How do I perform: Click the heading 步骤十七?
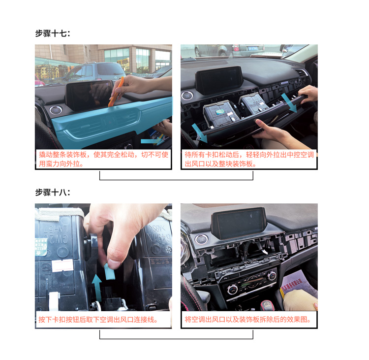53,33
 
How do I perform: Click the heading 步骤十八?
53,192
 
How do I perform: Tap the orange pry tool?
116,92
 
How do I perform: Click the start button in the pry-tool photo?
56,109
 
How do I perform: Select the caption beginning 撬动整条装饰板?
103,159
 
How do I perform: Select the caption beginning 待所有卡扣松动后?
249,159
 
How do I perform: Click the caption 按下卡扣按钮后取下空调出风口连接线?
98,320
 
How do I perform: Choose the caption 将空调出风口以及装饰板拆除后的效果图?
248,320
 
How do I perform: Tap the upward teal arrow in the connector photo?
96,288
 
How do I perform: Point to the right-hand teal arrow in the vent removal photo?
289,103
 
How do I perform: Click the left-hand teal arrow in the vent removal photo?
200,133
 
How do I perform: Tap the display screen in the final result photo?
239,223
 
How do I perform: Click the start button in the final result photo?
201,239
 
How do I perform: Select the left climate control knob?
232,289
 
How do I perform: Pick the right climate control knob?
272,275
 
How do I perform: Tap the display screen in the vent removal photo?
219,80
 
